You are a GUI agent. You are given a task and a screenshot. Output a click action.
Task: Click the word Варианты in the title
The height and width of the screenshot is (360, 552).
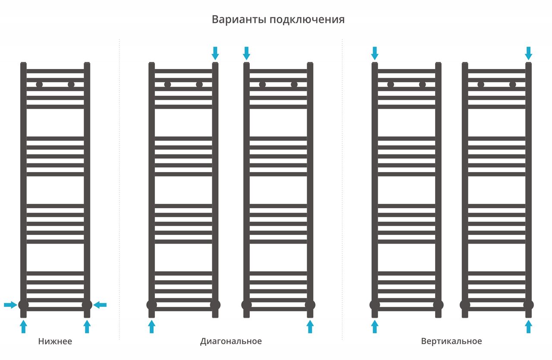tap(238, 20)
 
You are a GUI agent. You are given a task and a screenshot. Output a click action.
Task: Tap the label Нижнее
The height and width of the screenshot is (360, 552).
tap(55, 341)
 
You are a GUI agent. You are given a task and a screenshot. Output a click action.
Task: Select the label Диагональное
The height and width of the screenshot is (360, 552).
tap(231, 341)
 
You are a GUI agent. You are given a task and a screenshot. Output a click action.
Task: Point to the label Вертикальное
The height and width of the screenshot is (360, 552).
tap(452, 341)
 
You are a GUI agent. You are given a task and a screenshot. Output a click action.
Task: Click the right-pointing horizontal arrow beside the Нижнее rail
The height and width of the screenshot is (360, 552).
tap(10, 305)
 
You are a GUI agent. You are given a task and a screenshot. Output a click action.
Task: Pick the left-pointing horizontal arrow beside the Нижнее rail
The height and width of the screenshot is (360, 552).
tap(100, 305)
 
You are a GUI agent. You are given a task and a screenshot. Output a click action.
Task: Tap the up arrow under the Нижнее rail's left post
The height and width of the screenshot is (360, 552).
tap(23, 326)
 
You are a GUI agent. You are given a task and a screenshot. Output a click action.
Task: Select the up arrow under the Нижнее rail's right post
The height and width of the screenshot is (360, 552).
tap(87, 326)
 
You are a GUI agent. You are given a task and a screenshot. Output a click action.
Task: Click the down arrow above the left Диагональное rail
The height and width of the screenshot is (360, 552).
tap(215, 53)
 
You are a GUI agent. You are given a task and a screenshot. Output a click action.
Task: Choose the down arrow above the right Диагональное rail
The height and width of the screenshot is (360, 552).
tap(246, 53)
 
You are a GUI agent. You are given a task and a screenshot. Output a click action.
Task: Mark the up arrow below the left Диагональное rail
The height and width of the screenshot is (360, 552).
tap(151, 326)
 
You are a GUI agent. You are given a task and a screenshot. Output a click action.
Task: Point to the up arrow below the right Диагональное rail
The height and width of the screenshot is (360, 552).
tap(310, 326)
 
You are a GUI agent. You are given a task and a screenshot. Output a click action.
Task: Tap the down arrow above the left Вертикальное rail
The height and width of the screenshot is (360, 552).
tap(374, 53)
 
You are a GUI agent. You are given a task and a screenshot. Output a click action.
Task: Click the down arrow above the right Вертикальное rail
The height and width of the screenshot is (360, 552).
tap(528, 53)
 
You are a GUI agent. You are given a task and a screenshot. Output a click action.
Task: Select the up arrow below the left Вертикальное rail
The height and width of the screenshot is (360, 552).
tap(374, 326)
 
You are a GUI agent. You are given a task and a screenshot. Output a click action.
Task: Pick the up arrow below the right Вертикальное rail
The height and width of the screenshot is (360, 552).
tap(528, 326)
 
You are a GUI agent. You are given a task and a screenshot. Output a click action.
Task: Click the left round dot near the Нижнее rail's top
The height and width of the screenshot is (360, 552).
tap(39, 85)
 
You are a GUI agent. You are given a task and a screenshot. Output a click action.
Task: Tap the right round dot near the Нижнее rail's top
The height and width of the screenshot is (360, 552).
tap(71, 85)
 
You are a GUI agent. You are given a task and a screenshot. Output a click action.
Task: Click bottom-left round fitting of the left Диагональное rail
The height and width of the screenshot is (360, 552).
tap(151, 305)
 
